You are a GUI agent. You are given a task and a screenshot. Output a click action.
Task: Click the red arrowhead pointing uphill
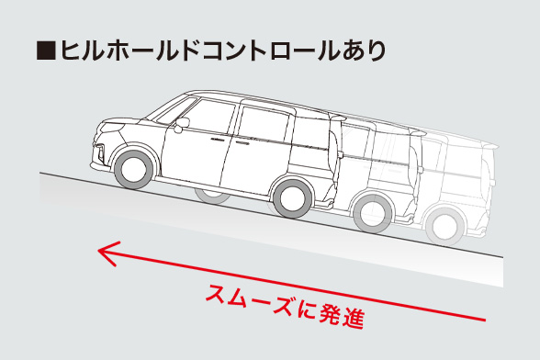click(107, 253)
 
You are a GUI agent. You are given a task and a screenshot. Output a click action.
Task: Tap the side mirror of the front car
click(181, 122)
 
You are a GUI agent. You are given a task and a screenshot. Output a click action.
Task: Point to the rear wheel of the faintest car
click(444, 225)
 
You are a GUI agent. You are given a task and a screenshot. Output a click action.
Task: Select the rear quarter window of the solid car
click(311, 129)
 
